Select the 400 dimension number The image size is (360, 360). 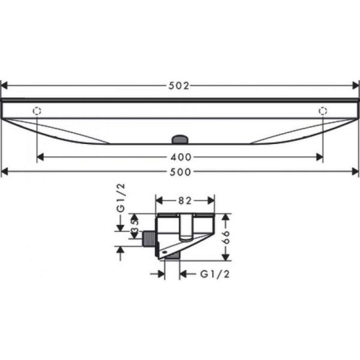[179, 158]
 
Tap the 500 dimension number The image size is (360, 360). [179, 173]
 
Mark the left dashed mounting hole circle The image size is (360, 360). [37, 110]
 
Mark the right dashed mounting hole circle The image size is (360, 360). [323, 110]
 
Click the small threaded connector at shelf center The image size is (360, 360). [179, 139]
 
